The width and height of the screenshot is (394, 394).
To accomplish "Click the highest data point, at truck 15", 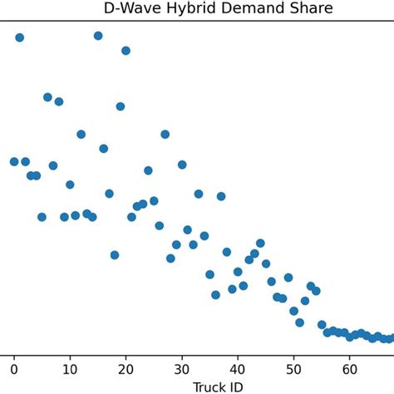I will (x=98, y=36).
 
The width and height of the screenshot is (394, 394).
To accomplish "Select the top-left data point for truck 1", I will (x=20, y=37).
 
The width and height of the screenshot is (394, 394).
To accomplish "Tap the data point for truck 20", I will (x=126, y=51).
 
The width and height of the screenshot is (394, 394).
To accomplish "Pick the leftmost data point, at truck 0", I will (x=14, y=161).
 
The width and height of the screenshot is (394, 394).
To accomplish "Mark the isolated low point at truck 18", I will (x=115, y=255).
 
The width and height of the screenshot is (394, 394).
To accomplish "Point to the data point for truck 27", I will (x=165, y=134).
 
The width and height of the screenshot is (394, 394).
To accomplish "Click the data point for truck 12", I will (x=81, y=134).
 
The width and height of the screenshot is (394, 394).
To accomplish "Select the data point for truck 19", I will (x=121, y=106).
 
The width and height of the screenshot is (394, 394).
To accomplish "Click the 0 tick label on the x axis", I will (x=14, y=368).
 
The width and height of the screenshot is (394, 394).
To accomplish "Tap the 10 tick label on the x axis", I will (x=70, y=368).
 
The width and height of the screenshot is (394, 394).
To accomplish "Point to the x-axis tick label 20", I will (x=126, y=368).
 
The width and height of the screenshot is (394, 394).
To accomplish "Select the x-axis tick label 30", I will (x=182, y=368).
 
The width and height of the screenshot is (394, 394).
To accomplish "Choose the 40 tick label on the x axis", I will (x=238, y=368).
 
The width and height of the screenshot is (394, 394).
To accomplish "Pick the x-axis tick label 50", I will (x=293, y=368).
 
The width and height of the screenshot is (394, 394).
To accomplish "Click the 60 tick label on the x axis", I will (x=350, y=368).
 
